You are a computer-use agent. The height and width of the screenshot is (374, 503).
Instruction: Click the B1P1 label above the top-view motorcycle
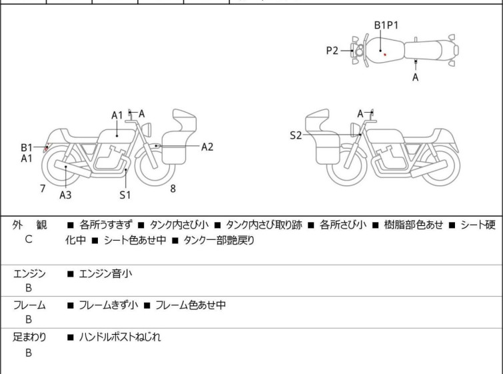386,25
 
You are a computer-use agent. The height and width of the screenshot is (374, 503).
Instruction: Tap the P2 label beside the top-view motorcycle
332,50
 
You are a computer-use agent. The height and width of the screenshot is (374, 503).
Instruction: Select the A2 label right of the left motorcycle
207,147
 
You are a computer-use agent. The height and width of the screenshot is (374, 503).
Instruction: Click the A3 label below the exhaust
65,195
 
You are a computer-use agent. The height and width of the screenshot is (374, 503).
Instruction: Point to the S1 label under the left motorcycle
125,195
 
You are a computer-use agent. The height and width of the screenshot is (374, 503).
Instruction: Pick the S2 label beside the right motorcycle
296,135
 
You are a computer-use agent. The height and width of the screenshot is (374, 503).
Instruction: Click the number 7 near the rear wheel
43,189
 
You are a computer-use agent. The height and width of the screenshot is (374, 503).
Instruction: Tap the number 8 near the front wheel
173,189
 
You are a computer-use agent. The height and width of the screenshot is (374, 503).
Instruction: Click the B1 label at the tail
27,147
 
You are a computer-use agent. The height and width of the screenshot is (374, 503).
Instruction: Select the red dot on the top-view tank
384,55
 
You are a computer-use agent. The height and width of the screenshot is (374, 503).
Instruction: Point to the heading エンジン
29,273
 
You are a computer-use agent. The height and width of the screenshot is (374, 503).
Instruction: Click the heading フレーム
29,305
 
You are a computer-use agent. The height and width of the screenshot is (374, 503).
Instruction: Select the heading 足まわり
29,337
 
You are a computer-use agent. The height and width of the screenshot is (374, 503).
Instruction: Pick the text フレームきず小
109,305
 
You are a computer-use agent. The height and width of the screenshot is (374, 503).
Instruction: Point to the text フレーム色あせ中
191,305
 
